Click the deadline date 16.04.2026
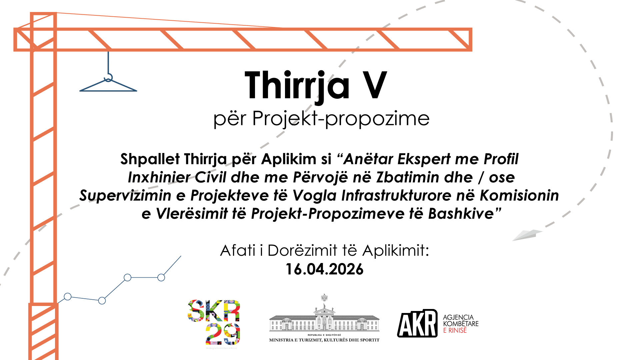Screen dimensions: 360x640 pos(324,269)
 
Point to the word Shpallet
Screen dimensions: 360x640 pos(150,159)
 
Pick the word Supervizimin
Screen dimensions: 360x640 pos(125,196)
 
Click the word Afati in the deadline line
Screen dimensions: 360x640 pos(238,251)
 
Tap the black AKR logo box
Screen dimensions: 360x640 pos(417,323)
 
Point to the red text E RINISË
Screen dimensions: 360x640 pos(455,330)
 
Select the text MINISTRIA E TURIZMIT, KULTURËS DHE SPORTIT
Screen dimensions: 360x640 pos(324,340)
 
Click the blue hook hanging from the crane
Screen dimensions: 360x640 pos(108,77)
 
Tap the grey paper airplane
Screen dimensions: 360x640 pos(527,235)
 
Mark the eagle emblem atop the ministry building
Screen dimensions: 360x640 pos(324,297)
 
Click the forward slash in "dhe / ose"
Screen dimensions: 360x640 pos(480,177)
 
